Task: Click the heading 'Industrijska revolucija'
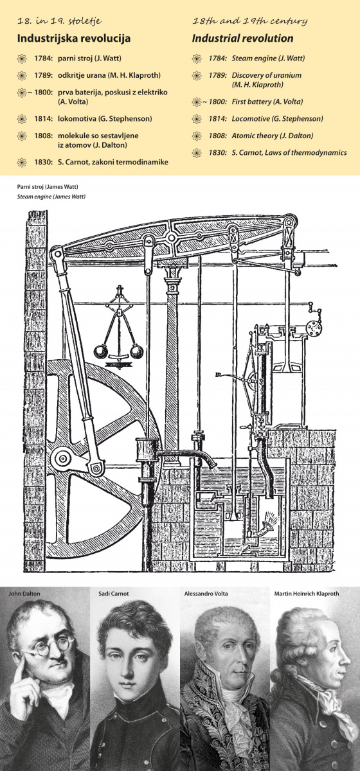pyautogui.click(x=74, y=38)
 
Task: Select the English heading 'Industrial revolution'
pyautogui.click(x=242, y=38)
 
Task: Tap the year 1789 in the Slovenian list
pyautogui.click(x=43, y=75)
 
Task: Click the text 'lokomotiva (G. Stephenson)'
pyautogui.click(x=105, y=119)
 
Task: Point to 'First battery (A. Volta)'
pyautogui.click(x=267, y=102)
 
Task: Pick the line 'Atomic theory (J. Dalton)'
pyautogui.click(x=273, y=136)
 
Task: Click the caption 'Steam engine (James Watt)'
pyautogui.click(x=51, y=197)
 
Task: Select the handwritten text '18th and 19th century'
pyautogui.click(x=250, y=21)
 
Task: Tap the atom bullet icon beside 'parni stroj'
pyautogui.click(x=22, y=58)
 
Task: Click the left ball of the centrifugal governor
pyautogui.click(x=101, y=352)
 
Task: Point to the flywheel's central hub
pyautogui.click(x=63, y=458)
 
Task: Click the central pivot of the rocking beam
pyautogui.click(x=171, y=237)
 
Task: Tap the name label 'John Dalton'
pyautogui.click(x=24, y=594)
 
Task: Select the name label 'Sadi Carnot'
pyautogui.click(x=114, y=594)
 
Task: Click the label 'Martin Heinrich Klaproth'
pyautogui.click(x=307, y=594)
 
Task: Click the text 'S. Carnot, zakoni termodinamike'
pyautogui.click(x=113, y=162)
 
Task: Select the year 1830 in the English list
pyautogui.click(x=218, y=152)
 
